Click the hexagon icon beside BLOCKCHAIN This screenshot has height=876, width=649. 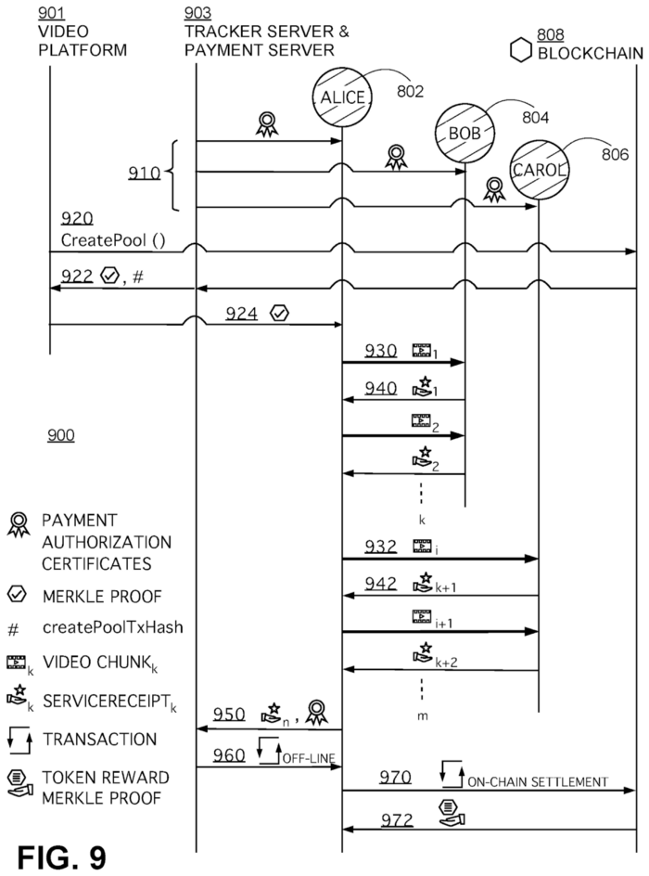521,50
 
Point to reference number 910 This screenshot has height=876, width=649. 144,174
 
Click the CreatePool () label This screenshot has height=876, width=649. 113,240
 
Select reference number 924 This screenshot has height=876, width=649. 241,314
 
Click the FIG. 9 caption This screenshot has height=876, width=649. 61,857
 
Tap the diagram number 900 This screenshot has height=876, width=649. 61,435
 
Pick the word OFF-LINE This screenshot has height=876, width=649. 309,758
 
